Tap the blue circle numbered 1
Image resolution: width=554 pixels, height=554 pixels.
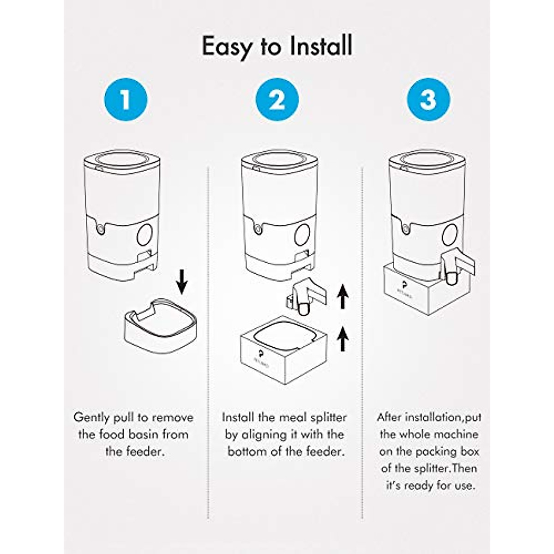(126, 100)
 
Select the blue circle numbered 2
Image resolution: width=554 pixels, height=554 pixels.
(277, 100)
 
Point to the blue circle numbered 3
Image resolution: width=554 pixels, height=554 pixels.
(428, 100)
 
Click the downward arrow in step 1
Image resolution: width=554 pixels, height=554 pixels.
(182, 282)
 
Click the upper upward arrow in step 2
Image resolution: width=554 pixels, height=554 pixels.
(342, 296)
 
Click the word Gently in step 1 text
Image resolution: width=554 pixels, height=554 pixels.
(92, 418)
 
